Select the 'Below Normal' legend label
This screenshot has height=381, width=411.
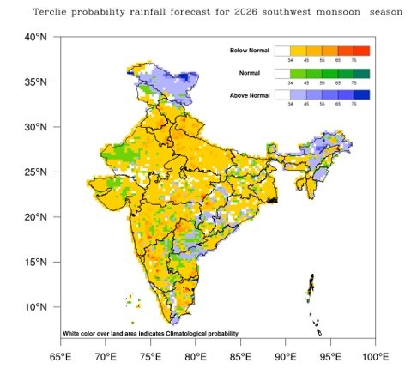tap(251, 51)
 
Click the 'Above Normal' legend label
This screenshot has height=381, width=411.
tap(251, 94)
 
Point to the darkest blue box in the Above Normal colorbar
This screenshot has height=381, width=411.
tap(361, 94)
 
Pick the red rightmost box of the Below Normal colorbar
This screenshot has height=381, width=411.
tap(361, 51)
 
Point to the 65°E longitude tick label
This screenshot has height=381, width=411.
tap(60, 354)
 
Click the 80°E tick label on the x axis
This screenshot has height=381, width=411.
tap(196, 354)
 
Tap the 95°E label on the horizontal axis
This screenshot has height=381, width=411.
tap(331, 354)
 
